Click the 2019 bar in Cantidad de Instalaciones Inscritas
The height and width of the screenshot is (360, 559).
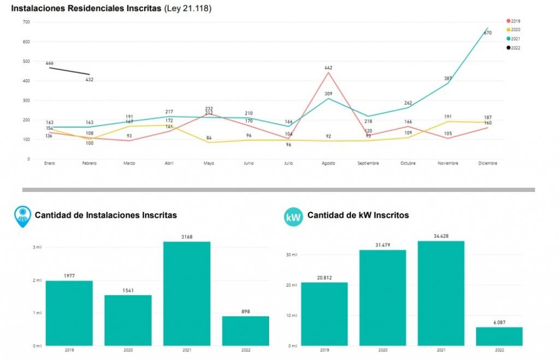(x=69, y=313)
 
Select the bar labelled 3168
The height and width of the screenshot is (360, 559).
(x=187, y=293)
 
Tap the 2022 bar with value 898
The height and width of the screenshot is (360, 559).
(x=245, y=331)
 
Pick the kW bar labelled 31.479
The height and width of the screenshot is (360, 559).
(x=383, y=298)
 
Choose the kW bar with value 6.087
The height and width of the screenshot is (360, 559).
(x=499, y=336)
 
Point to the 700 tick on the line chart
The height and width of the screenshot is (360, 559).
(x=26, y=22)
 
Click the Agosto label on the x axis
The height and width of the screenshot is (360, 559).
(x=328, y=163)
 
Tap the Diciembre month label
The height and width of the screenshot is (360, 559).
(x=487, y=163)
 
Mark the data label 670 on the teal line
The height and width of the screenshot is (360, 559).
(x=488, y=33)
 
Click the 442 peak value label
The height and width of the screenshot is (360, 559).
(x=329, y=68)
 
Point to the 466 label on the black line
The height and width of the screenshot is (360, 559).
(x=50, y=63)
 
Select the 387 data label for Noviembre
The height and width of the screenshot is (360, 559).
(x=448, y=79)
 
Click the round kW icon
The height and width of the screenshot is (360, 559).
(x=293, y=217)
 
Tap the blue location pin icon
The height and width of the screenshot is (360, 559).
(x=22, y=215)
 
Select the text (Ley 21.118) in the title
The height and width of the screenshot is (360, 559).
(x=187, y=9)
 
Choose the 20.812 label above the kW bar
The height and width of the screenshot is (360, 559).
(x=324, y=278)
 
